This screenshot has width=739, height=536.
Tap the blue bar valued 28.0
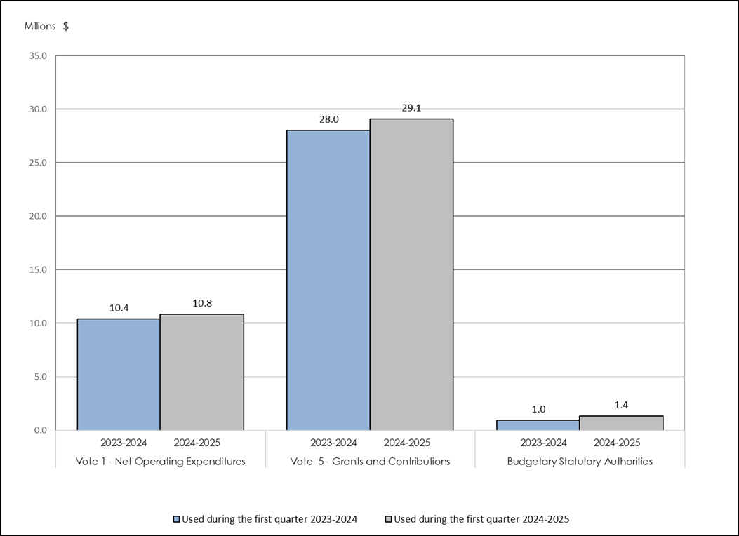(x=328, y=280)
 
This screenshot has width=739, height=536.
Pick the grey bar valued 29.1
(x=412, y=274)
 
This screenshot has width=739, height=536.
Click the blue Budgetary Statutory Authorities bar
(x=538, y=425)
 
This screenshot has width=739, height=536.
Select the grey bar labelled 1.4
(x=621, y=423)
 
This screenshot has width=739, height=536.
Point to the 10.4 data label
(x=119, y=307)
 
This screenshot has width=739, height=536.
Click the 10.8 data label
(x=202, y=303)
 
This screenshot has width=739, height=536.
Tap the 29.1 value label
(x=412, y=108)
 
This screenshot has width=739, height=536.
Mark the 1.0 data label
(x=538, y=409)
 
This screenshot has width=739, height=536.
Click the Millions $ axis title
(x=47, y=27)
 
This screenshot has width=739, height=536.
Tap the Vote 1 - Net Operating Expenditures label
(x=161, y=462)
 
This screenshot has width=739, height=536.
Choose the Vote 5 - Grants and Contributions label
(x=370, y=462)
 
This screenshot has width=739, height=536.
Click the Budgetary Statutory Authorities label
(x=580, y=462)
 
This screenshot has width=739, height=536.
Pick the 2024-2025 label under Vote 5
(x=407, y=443)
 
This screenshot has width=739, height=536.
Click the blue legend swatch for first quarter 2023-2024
(x=177, y=520)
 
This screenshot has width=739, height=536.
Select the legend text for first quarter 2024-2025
(x=481, y=520)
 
